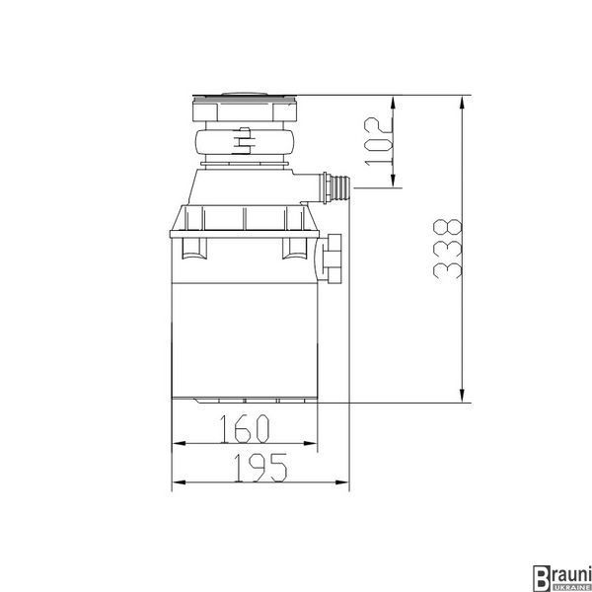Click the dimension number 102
[x=379, y=141]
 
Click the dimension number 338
[x=448, y=249]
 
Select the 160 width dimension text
[x=245, y=428]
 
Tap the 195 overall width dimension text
[x=260, y=468]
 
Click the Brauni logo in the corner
[x=561, y=578]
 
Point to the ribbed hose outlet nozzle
[x=337, y=187]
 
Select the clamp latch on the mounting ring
[x=244, y=141]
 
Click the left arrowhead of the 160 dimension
[x=179, y=443]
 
